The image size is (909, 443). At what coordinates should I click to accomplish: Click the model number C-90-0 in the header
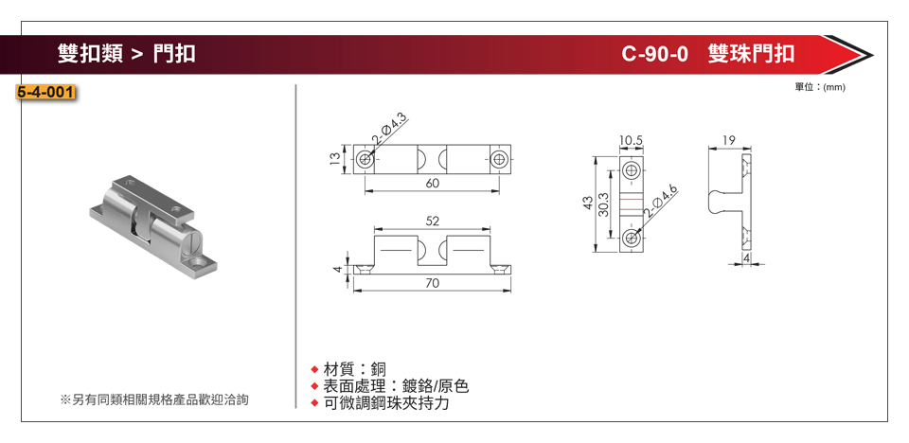tap(654, 54)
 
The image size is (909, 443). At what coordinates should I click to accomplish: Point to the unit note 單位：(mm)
tap(820, 87)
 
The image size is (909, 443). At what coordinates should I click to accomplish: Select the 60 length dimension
tap(432, 183)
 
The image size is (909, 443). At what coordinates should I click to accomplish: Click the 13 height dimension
tap(335, 159)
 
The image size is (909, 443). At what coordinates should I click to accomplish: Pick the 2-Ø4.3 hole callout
tap(388, 130)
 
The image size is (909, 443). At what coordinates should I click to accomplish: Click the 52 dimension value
tap(432, 221)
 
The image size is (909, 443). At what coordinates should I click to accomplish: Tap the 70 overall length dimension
tap(432, 283)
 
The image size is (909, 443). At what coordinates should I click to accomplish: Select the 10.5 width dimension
tap(632, 140)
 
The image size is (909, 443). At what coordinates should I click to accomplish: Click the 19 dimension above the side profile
tap(728, 140)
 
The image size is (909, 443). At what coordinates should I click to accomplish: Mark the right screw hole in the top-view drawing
tap(500, 159)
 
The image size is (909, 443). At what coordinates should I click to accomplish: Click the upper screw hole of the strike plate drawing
tap(632, 171)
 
